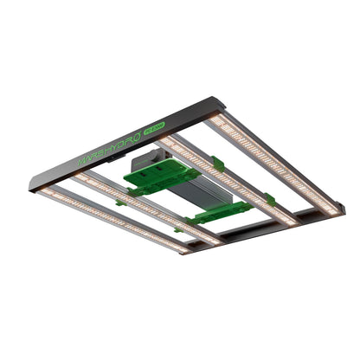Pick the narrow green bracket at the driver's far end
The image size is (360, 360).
point(222,211)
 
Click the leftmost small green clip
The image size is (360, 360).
point(120,202)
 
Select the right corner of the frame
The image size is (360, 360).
point(340,208)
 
